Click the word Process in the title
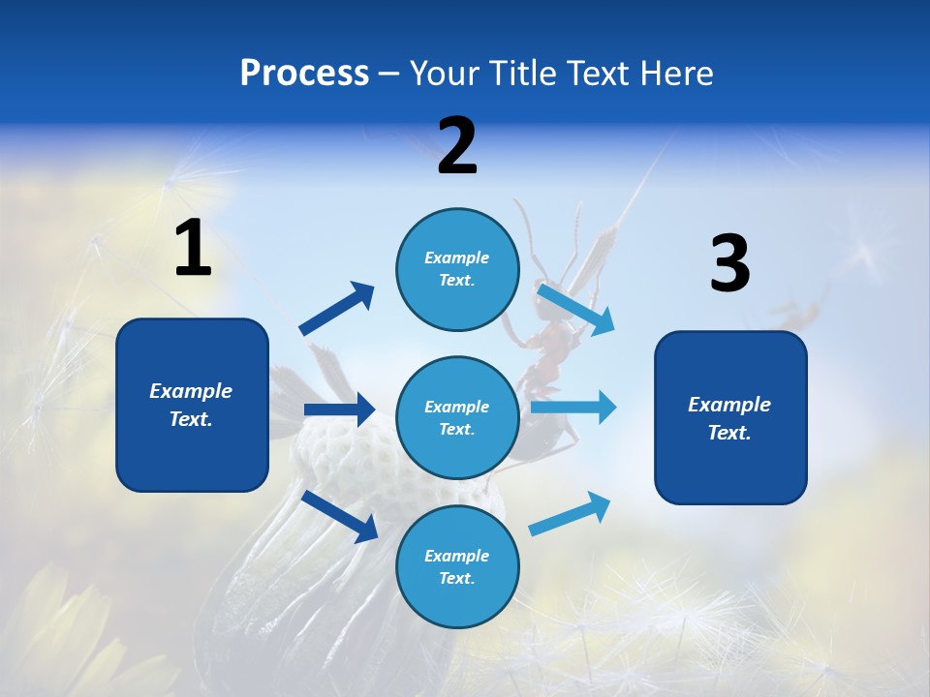point(304,73)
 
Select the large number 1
point(193,249)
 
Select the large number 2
point(457,146)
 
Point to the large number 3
point(729,264)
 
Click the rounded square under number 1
point(192,405)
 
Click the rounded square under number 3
point(730,418)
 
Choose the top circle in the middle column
point(457,269)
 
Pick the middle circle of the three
point(457,418)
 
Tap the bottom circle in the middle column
point(457,567)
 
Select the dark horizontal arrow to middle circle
point(340,409)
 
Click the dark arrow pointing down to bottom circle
point(340,515)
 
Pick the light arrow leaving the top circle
point(575,309)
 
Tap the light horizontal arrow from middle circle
point(573,407)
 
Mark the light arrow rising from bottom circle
point(570,513)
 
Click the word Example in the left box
point(191,391)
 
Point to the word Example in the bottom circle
point(457,556)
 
